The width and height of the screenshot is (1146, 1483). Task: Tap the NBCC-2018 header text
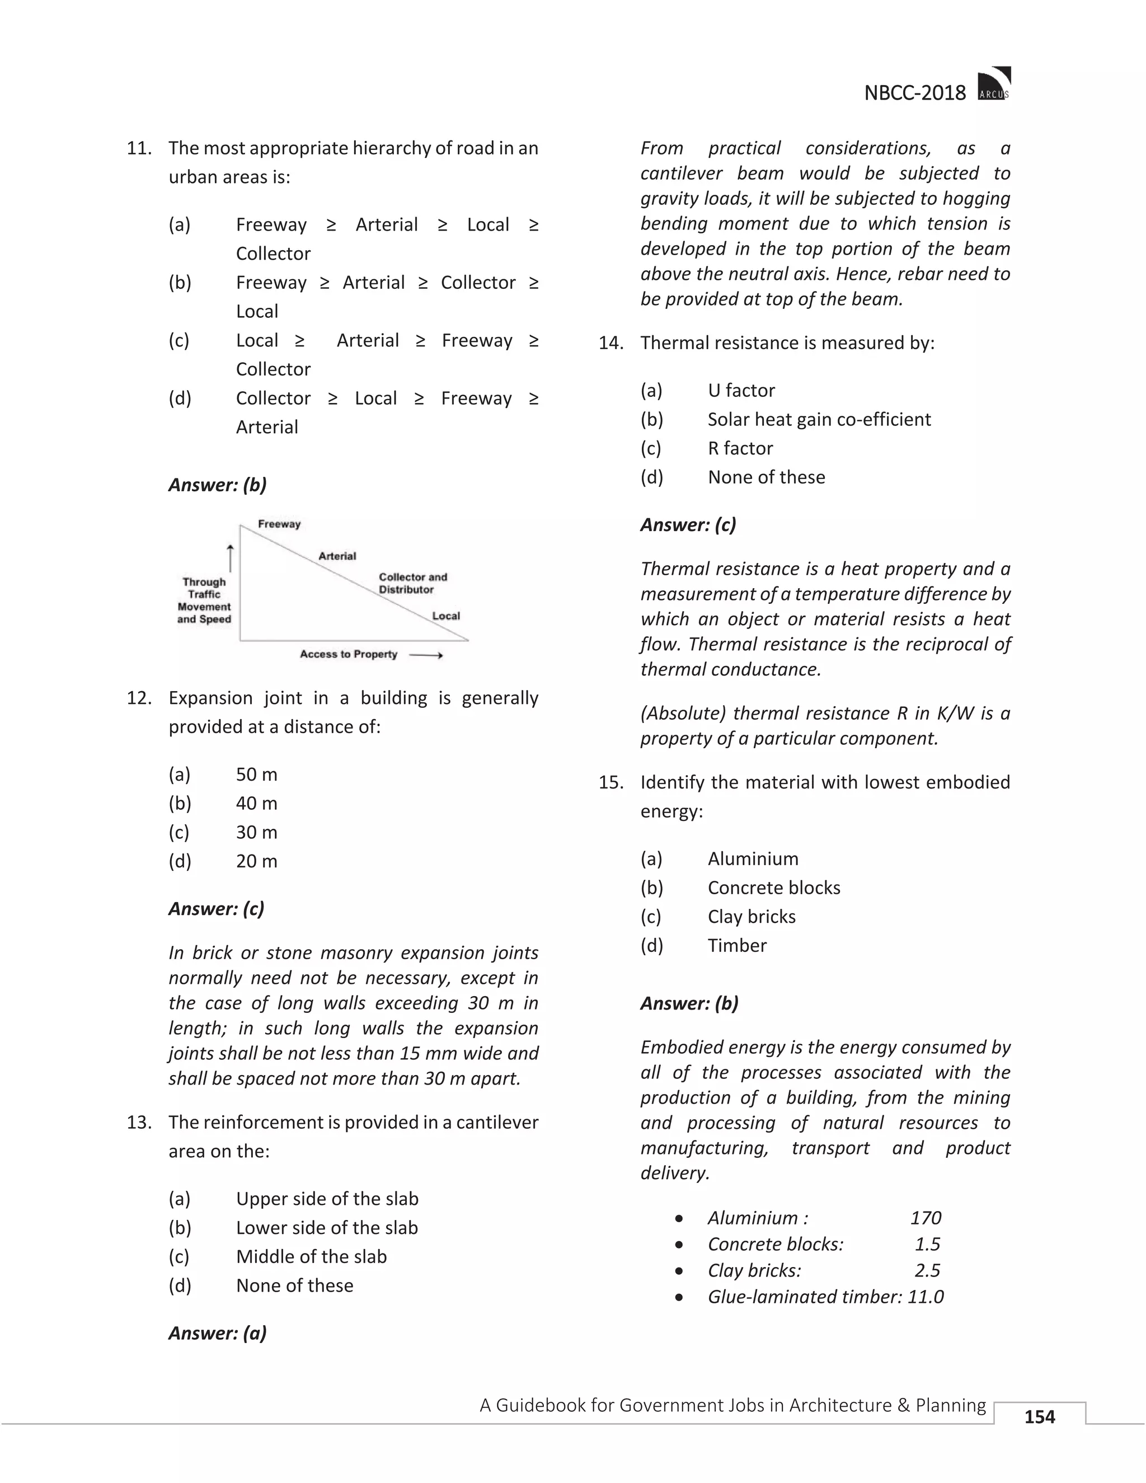914,93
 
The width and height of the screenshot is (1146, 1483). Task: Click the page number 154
1040,1416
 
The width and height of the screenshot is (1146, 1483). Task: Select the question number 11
139,148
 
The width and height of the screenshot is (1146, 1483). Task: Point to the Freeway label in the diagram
279,524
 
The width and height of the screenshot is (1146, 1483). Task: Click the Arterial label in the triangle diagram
337,556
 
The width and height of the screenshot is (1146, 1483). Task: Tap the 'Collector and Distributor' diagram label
412,583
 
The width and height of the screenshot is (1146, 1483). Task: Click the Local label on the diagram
446,616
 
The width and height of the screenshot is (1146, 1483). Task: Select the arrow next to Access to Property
426,655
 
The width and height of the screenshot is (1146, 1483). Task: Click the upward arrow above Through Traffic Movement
230,558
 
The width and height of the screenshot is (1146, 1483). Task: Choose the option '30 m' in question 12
257,833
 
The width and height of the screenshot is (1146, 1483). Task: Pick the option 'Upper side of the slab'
327,1199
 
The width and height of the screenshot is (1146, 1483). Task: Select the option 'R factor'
740,448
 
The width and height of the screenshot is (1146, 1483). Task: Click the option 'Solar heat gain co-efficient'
819,420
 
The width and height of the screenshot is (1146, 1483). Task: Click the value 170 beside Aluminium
926,1218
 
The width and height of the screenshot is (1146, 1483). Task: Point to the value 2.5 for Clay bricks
927,1270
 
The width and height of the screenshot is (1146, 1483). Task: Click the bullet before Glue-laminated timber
679,1298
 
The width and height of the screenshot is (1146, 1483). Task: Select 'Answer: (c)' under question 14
688,525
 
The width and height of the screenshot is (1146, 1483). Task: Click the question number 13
139,1123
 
